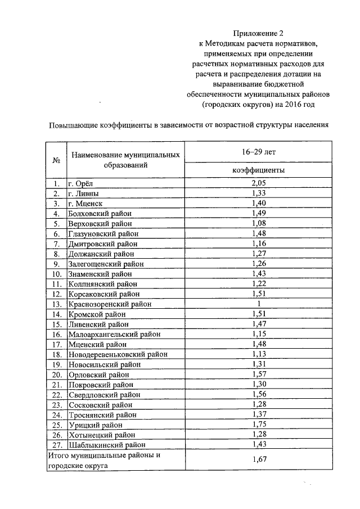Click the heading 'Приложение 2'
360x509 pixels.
click(259, 33)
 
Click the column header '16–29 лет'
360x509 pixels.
click(258, 151)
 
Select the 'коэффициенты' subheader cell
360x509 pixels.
click(258, 170)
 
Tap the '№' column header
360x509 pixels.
click(56, 160)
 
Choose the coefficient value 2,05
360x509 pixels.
click(258, 183)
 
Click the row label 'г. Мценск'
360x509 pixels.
click(85, 203)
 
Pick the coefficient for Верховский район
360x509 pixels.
click(258, 223)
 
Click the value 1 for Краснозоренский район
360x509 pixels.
click(258, 304)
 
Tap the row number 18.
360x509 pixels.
click(56, 354)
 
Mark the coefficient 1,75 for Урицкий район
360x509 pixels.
click(258, 425)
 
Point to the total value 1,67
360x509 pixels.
click(258, 461)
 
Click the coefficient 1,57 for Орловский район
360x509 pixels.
click(258, 374)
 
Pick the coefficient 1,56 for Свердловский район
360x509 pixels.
click(258, 394)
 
